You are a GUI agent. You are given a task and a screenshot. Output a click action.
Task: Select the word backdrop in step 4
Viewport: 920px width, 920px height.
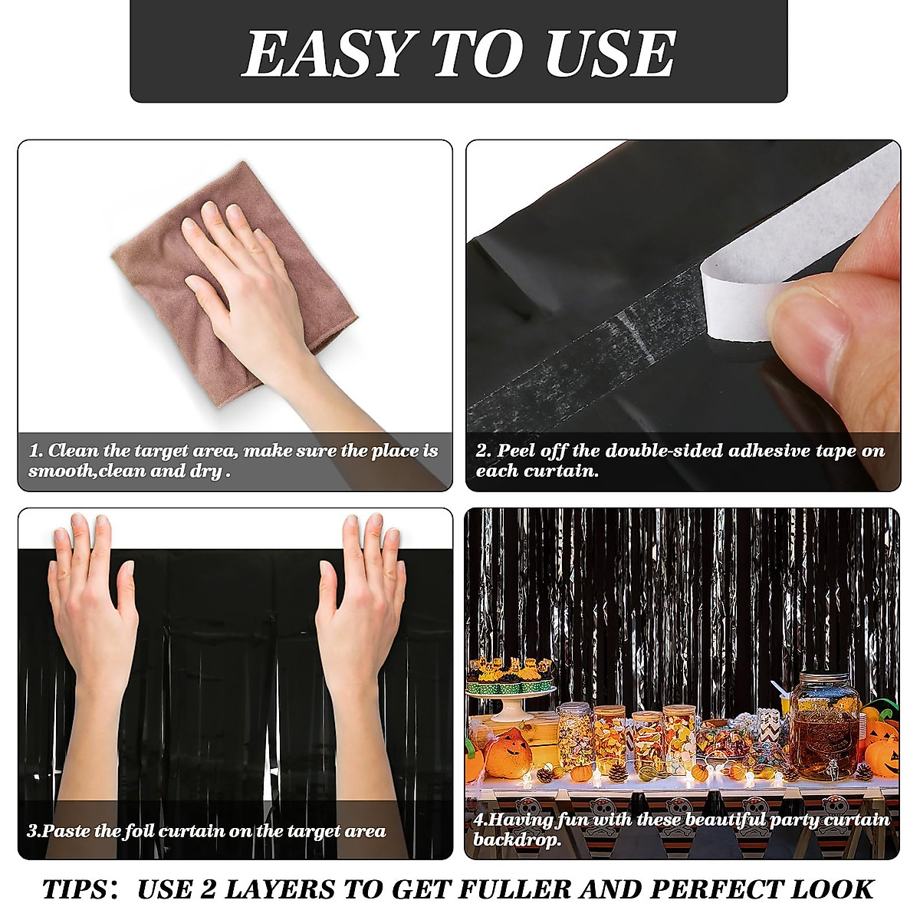click(516, 839)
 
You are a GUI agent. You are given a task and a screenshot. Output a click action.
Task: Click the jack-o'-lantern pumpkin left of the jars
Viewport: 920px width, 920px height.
click(508, 754)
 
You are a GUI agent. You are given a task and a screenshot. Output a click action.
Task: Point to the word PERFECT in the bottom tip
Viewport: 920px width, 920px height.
click(717, 889)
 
